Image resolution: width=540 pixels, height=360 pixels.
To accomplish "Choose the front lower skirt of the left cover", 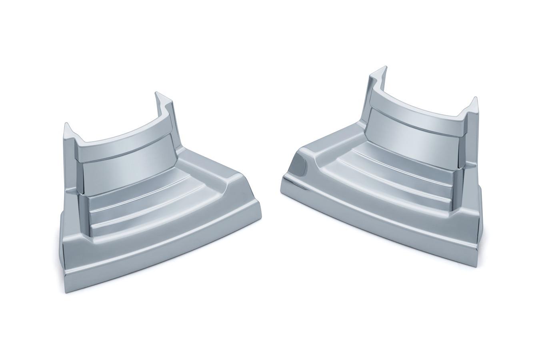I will [x=160, y=248].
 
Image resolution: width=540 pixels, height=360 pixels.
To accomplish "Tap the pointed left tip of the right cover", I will [x=283, y=186].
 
